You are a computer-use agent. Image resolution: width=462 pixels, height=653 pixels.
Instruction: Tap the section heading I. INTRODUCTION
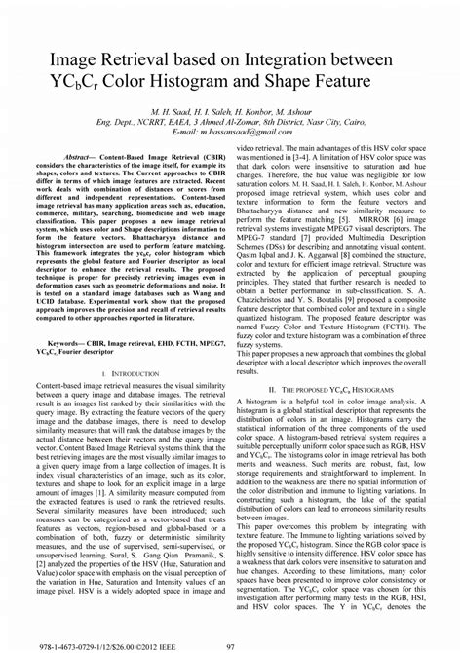pos(131,373)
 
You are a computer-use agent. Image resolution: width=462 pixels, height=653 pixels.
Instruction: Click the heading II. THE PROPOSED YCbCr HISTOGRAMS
pos(348,388)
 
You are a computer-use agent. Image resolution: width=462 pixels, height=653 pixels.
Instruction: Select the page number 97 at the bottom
pos(231,643)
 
